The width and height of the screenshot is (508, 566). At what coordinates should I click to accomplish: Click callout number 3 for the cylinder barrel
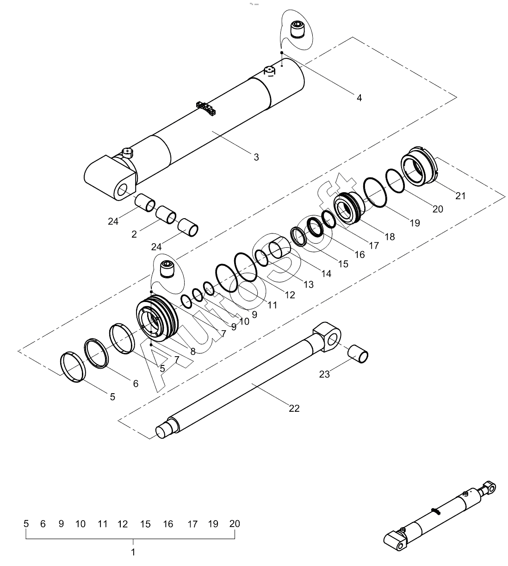click(256, 157)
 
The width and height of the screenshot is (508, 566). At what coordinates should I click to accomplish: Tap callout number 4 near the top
click(359, 98)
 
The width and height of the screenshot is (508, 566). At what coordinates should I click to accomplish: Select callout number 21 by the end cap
click(460, 195)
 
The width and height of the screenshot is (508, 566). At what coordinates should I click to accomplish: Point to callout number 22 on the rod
click(294, 408)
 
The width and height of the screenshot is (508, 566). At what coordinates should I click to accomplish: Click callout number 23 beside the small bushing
click(324, 374)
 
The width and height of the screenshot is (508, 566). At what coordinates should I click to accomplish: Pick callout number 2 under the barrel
click(134, 234)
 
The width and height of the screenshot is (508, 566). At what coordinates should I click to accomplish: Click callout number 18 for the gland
click(390, 236)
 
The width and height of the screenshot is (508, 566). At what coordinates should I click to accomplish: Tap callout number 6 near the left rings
click(136, 384)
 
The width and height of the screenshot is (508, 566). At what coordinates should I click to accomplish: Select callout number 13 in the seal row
click(308, 283)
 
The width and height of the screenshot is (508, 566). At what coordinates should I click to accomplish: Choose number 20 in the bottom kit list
click(235, 524)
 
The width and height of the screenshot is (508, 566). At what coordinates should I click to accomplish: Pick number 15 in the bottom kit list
click(145, 524)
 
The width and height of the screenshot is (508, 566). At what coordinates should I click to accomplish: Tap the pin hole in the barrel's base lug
click(123, 190)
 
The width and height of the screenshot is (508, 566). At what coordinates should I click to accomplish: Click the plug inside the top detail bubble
click(297, 29)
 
